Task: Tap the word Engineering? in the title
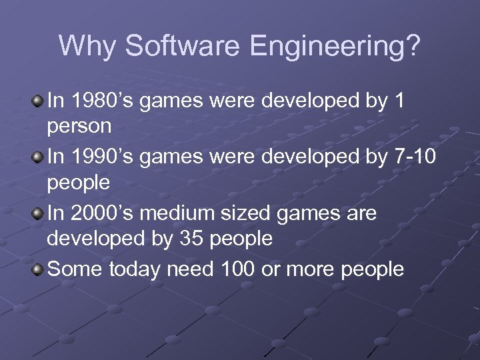[x=335, y=47]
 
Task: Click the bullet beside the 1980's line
[x=39, y=101]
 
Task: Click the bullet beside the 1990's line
[x=39, y=157]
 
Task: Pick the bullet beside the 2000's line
[x=39, y=213]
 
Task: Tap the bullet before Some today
[x=39, y=269]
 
